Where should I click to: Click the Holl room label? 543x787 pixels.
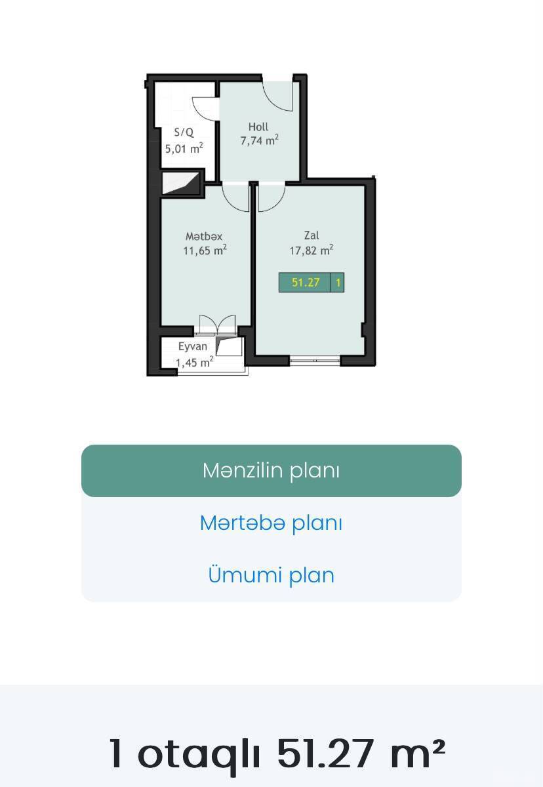pos(258,127)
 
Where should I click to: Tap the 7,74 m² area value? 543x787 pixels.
pos(260,140)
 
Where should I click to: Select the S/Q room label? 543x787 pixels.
pos(184,132)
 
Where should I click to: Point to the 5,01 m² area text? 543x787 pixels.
pos(184,148)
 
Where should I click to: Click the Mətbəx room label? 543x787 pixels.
pos(204,237)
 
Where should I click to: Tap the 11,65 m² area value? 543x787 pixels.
pos(205,251)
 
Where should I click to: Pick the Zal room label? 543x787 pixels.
pos(312,235)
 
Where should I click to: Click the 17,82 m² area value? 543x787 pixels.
pos(312,251)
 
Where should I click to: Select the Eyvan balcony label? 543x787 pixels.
pos(192,347)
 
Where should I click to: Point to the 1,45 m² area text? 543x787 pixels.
pos(195,362)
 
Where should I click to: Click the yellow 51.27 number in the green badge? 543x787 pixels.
pos(306,283)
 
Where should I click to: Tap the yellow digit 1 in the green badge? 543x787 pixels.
pos(338,283)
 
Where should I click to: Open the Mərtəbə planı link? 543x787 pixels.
pos(271,523)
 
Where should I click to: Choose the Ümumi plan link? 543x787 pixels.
pos(271,575)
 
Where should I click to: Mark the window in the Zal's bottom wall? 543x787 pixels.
pos(315,361)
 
